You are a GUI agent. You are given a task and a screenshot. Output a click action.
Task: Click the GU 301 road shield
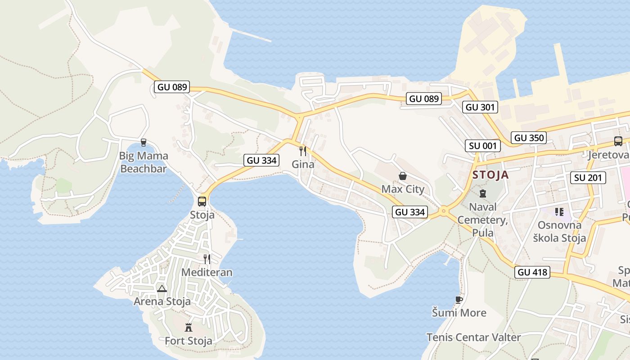(x=480, y=107)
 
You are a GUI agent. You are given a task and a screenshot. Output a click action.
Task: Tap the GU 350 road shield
(x=529, y=138)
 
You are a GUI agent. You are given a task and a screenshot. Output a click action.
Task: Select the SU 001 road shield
(x=483, y=145)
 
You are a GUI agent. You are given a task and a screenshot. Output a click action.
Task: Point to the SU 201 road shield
(x=588, y=178)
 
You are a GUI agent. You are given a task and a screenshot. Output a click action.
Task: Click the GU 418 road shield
(x=532, y=272)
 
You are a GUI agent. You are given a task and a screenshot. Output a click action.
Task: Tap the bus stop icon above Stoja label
(x=202, y=201)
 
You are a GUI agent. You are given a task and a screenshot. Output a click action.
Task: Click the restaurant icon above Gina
(x=303, y=151)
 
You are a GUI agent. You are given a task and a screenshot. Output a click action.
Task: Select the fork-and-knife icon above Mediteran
(x=207, y=259)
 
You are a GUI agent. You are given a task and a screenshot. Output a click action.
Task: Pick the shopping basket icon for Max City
(x=403, y=176)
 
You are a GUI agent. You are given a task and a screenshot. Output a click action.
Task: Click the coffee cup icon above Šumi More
(x=459, y=300)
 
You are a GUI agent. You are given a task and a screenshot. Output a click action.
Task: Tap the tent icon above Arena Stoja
(x=162, y=288)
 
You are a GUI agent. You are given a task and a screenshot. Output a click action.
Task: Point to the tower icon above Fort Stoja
(x=189, y=327)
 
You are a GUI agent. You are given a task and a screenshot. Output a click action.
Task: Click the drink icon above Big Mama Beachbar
(x=144, y=143)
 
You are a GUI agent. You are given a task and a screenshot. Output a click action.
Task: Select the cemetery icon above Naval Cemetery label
(x=483, y=193)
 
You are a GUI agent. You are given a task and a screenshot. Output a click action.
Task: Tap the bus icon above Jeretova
(x=618, y=141)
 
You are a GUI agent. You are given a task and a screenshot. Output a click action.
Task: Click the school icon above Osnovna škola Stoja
(x=559, y=211)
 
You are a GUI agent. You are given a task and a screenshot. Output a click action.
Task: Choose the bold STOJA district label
(x=490, y=175)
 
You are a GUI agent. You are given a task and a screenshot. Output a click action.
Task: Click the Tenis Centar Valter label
(x=473, y=337)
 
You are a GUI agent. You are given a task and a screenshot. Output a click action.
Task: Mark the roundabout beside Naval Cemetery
(x=444, y=211)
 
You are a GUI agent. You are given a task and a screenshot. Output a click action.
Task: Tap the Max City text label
(x=403, y=189)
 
